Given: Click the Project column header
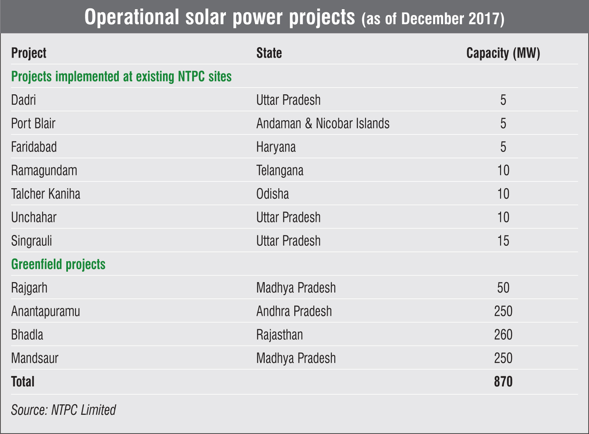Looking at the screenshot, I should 29,53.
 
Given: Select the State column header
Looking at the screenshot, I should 269,53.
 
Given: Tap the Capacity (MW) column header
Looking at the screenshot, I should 503,53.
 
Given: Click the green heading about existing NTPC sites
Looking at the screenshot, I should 121,77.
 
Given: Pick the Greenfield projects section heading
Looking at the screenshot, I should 58,265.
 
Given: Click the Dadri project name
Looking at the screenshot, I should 23,100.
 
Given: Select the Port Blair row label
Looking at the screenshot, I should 33,124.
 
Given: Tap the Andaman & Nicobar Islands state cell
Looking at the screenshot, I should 323,124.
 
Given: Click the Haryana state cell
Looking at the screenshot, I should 276,147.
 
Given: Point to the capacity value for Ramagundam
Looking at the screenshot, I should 503,171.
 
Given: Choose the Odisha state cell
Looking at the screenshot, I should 273,194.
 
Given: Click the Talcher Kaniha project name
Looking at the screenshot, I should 46,194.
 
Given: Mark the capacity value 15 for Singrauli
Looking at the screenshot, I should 503,241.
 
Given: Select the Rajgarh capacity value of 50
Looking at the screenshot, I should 503,288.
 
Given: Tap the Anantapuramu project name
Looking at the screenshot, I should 45,311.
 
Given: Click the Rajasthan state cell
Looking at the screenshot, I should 280,335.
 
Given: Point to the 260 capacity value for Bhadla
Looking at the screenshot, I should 503,335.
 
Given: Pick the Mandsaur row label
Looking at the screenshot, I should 35,358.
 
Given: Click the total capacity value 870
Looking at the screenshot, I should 503,382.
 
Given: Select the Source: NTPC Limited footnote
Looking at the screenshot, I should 63,410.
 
